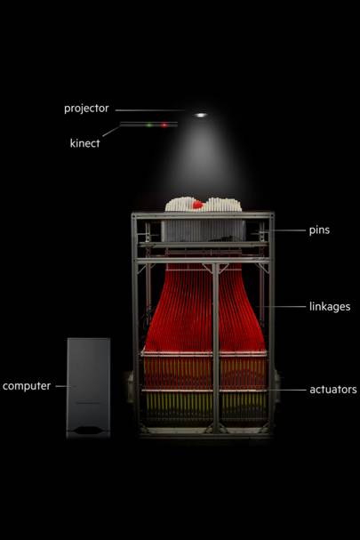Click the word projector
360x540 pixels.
tap(86, 109)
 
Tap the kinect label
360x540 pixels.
tap(84, 143)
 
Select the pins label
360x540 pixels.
tap(319, 230)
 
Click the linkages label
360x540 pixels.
tap(330, 307)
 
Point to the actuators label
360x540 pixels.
tap(333, 390)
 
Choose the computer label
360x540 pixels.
tap(27, 386)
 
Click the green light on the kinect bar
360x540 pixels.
tap(149, 125)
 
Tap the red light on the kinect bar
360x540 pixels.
tap(164, 125)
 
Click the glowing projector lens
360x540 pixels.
tap(201, 115)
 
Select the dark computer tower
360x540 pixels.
tap(89, 388)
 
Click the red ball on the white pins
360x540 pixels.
tap(197, 205)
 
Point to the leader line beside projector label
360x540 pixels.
tap(149, 110)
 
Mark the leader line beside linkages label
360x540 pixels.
tap(281, 306)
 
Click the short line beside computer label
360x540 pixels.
tap(64, 386)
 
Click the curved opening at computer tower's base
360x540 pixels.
tap(88, 431)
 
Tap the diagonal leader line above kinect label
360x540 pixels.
tap(111, 131)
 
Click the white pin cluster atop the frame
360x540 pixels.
tap(203, 204)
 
